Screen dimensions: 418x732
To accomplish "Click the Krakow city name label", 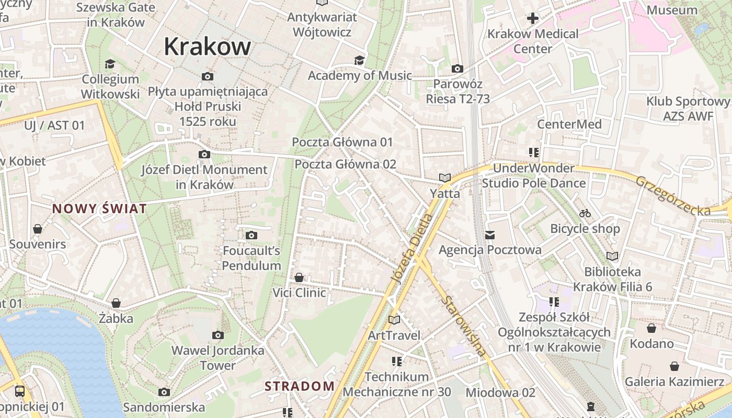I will (207, 47).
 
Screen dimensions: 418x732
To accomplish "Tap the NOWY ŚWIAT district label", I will (99, 209).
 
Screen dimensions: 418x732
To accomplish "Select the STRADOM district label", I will (299, 387).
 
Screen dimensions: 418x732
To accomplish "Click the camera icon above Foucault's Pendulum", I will (251, 236).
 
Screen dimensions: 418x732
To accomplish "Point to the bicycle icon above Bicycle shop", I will (585, 213).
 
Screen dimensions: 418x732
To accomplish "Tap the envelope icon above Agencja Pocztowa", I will (490, 235).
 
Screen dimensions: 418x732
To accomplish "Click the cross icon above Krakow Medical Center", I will (532, 19).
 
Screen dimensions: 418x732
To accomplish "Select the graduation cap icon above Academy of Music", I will (359, 60).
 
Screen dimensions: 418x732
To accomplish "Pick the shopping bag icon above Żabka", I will (116, 303).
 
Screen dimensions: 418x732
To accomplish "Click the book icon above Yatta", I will (445, 178).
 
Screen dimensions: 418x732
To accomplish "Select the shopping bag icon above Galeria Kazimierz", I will (674, 366).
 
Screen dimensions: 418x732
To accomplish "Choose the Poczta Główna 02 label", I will (345, 164).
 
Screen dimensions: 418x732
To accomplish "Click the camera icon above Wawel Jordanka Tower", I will (218, 335).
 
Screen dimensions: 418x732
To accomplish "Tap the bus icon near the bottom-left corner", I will (19, 391).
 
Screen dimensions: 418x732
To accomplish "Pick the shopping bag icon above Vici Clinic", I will (299, 277).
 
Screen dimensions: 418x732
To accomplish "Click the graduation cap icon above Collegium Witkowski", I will (110, 64).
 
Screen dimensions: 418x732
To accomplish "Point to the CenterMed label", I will (569, 124).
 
